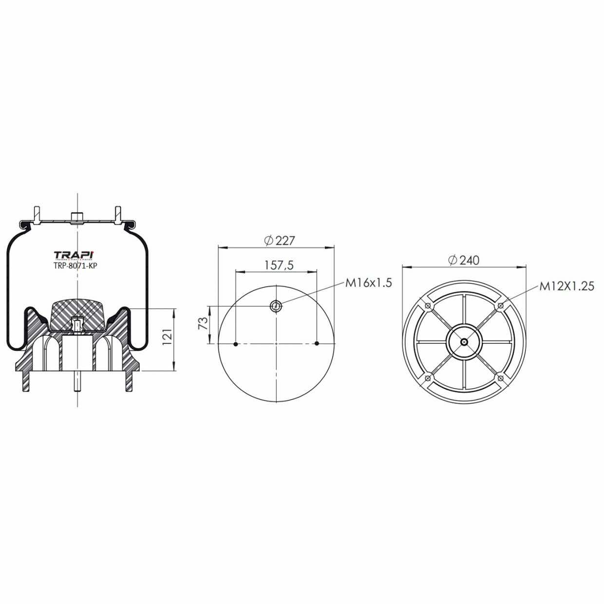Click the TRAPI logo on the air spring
click(x=74, y=255)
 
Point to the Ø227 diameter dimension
click(x=280, y=240)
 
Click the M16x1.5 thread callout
click(x=368, y=283)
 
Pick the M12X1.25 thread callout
click(x=566, y=286)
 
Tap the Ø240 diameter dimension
click(x=463, y=260)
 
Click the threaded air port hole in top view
click(x=276, y=306)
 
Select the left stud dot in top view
click(x=236, y=344)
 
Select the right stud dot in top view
click(x=317, y=344)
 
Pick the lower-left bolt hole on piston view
click(x=428, y=378)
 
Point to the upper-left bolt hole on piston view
click(x=428, y=305)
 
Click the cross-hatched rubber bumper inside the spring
click(x=78, y=312)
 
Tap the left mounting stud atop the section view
click(x=37, y=214)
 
